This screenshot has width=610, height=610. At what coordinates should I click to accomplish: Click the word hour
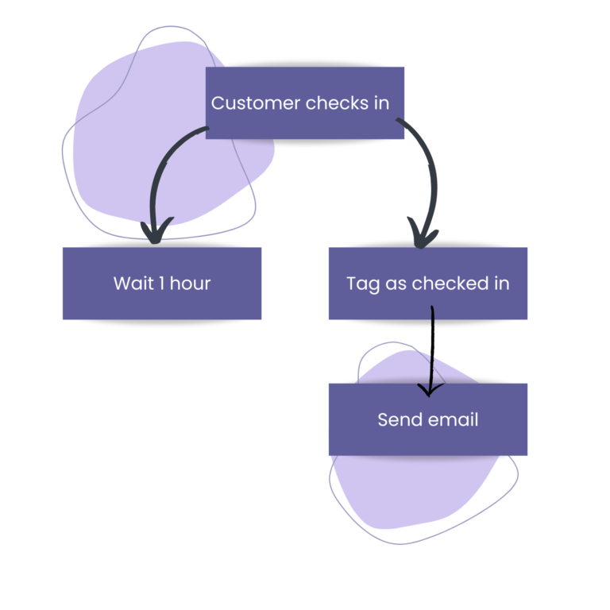coord(191,284)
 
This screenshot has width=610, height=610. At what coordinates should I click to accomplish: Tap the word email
coord(454,419)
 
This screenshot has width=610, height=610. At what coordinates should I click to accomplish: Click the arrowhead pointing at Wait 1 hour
coord(155,233)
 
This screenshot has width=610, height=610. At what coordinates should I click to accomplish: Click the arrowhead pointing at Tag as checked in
coord(423,236)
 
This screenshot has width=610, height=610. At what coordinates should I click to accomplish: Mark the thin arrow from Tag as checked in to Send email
coord(432,349)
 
